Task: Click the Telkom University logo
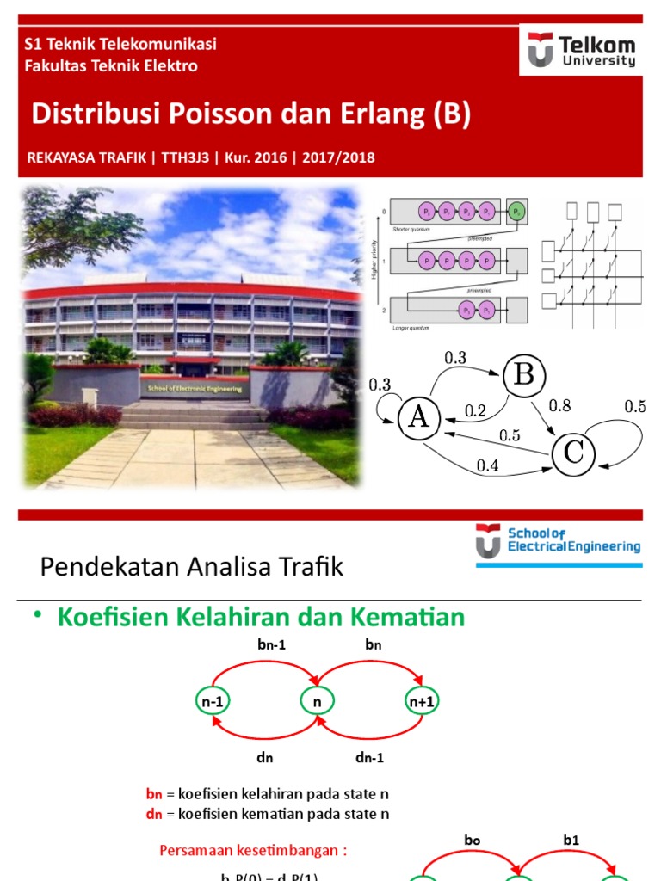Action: [582, 50]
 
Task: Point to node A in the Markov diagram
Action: [419, 416]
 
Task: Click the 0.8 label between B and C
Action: [559, 404]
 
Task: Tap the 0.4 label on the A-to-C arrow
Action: [489, 465]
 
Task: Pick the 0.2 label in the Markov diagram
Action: [475, 410]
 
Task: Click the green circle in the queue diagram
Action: [516, 211]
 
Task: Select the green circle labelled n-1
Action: [213, 701]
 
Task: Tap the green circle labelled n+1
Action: [421, 701]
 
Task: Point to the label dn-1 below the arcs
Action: [369, 758]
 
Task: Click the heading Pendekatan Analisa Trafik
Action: [192, 567]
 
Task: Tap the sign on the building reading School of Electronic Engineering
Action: [195, 388]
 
